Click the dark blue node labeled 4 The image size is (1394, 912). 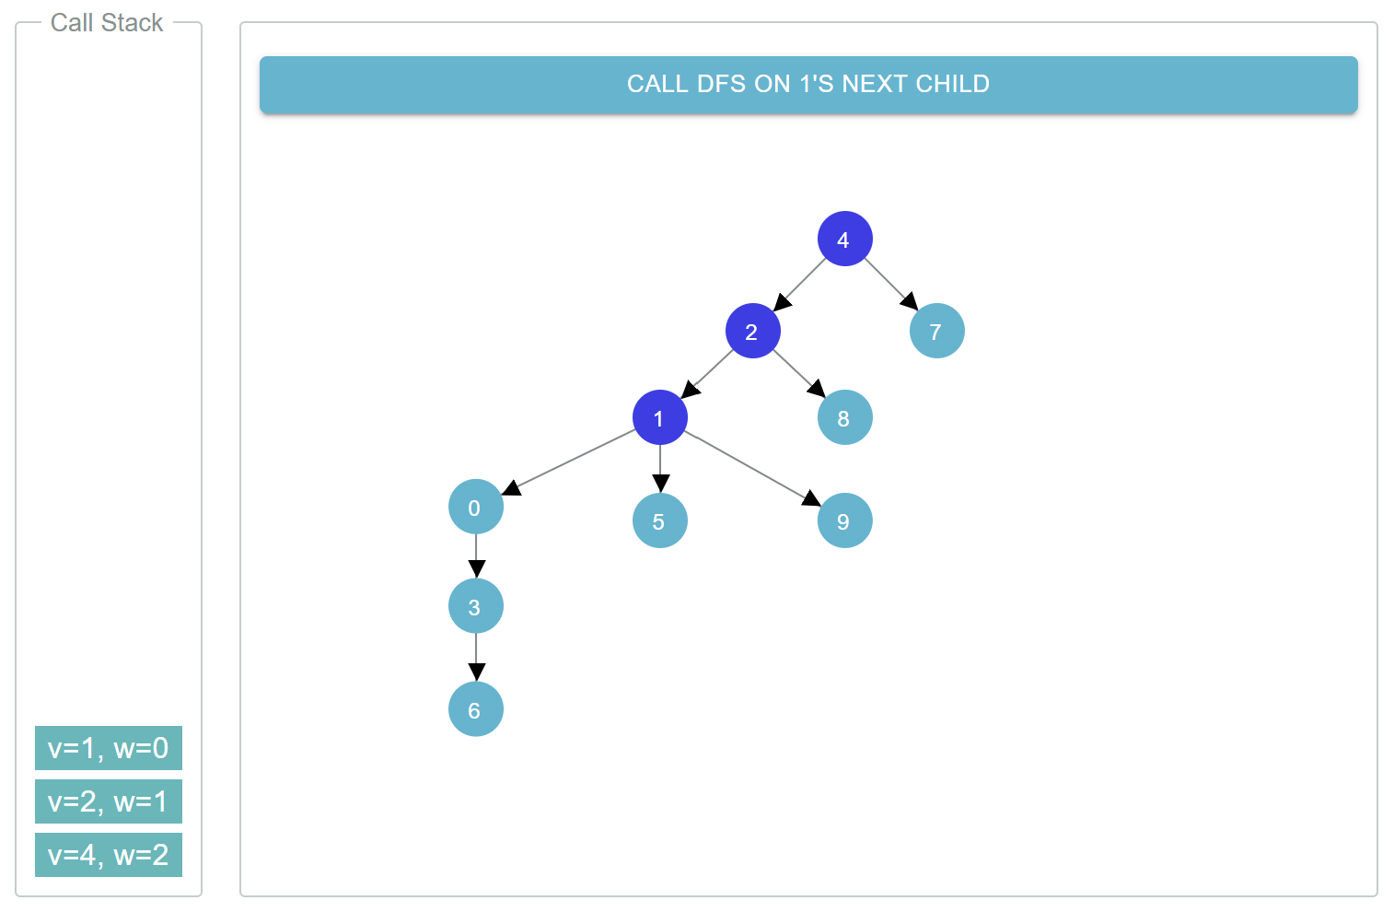point(844,239)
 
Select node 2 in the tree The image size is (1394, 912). point(752,331)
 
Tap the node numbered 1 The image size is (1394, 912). point(659,417)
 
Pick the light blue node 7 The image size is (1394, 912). point(936,331)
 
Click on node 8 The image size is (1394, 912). point(844,417)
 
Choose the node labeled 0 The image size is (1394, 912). point(475,507)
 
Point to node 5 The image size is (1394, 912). point(659,520)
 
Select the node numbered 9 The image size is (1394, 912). point(844,520)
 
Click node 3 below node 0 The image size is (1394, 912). point(475,606)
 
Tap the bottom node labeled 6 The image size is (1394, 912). point(475,709)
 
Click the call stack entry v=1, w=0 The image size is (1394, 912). point(109,748)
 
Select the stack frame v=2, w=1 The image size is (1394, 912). point(109,801)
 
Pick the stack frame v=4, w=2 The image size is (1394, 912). point(109,855)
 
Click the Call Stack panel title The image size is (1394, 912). point(107,23)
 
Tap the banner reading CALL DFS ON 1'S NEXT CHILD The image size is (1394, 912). point(808,85)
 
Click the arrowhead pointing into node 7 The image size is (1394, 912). point(910,301)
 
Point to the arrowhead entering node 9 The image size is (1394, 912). point(811,498)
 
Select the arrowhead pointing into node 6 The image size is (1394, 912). point(476,672)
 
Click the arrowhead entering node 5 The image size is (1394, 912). point(660,484)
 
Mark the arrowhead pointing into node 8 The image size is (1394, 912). point(817,388)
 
